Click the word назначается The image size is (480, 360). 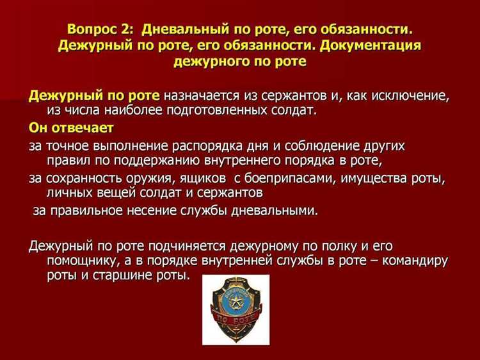point(201,96)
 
